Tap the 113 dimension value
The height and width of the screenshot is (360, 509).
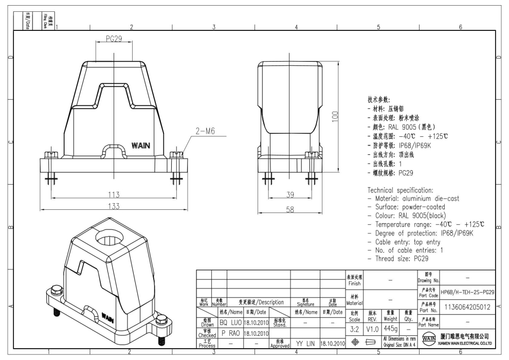point(114,194)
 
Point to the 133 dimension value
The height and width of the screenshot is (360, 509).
point(114,206)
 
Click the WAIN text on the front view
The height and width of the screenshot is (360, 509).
point(141,146)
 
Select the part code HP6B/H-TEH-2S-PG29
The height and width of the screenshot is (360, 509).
point(467,292)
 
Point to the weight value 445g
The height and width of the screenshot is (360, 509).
point(390,328)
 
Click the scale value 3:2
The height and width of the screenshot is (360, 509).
point(355,328)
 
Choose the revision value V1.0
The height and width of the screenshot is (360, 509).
point(372,328)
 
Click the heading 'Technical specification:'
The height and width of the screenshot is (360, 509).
point(400,190)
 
